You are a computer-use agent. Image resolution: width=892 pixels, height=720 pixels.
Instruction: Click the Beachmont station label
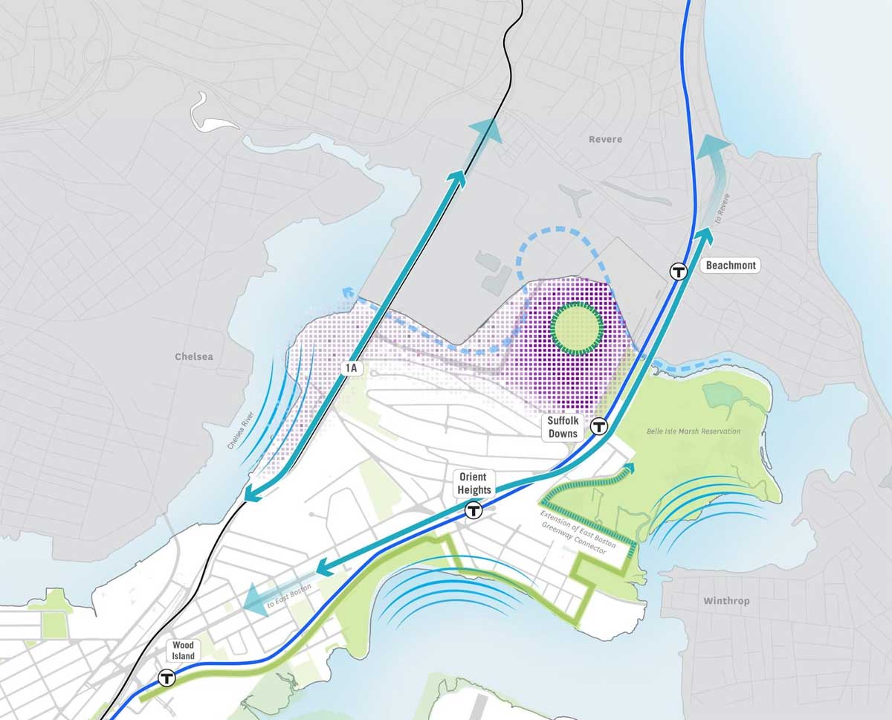click(731, 265)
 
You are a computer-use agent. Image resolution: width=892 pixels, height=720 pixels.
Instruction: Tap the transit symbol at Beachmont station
click(678, 271)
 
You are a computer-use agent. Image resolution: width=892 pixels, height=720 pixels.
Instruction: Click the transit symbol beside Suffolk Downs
click(599, 426)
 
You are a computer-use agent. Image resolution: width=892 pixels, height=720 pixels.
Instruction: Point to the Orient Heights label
click(475, 483)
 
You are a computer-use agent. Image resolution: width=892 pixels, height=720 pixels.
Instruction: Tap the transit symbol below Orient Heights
click(473, 510)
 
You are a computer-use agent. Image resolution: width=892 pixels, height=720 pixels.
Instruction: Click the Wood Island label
click(183, 651)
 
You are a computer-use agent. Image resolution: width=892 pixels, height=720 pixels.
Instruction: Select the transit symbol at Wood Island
click(167, 678)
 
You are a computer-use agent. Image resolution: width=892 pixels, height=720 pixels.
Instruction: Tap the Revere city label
click(605, 139)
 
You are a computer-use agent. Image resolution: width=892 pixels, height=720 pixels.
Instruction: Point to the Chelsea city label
click(194, 356)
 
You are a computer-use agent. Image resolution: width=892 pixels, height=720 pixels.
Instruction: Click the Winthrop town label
click(726, 600)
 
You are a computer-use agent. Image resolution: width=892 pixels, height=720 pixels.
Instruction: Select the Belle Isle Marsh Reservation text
click(694, 431)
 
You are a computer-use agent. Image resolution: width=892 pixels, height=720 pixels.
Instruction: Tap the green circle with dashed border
click(576, 327)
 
